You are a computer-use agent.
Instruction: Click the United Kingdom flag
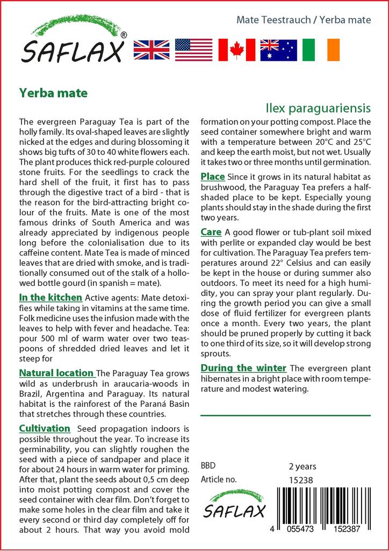151,50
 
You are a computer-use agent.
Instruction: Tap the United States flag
193,50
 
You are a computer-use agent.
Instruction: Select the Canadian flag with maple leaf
236,50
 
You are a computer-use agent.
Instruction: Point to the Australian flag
278,50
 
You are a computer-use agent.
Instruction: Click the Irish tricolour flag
321,50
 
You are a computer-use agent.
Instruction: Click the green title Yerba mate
53,92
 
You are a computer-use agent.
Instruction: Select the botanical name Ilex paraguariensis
318,109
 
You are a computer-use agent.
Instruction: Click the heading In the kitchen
51,297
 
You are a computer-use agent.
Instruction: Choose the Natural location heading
56,373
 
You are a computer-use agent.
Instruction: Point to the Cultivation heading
45,428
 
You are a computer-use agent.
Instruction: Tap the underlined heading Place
213,176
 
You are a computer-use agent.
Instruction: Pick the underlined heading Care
211,232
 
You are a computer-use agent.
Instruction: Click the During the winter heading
243,368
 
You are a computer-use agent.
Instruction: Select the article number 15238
301,480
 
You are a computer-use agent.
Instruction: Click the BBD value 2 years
302,466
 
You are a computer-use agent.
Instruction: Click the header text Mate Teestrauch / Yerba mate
304,20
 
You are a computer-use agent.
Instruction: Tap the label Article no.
219,480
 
